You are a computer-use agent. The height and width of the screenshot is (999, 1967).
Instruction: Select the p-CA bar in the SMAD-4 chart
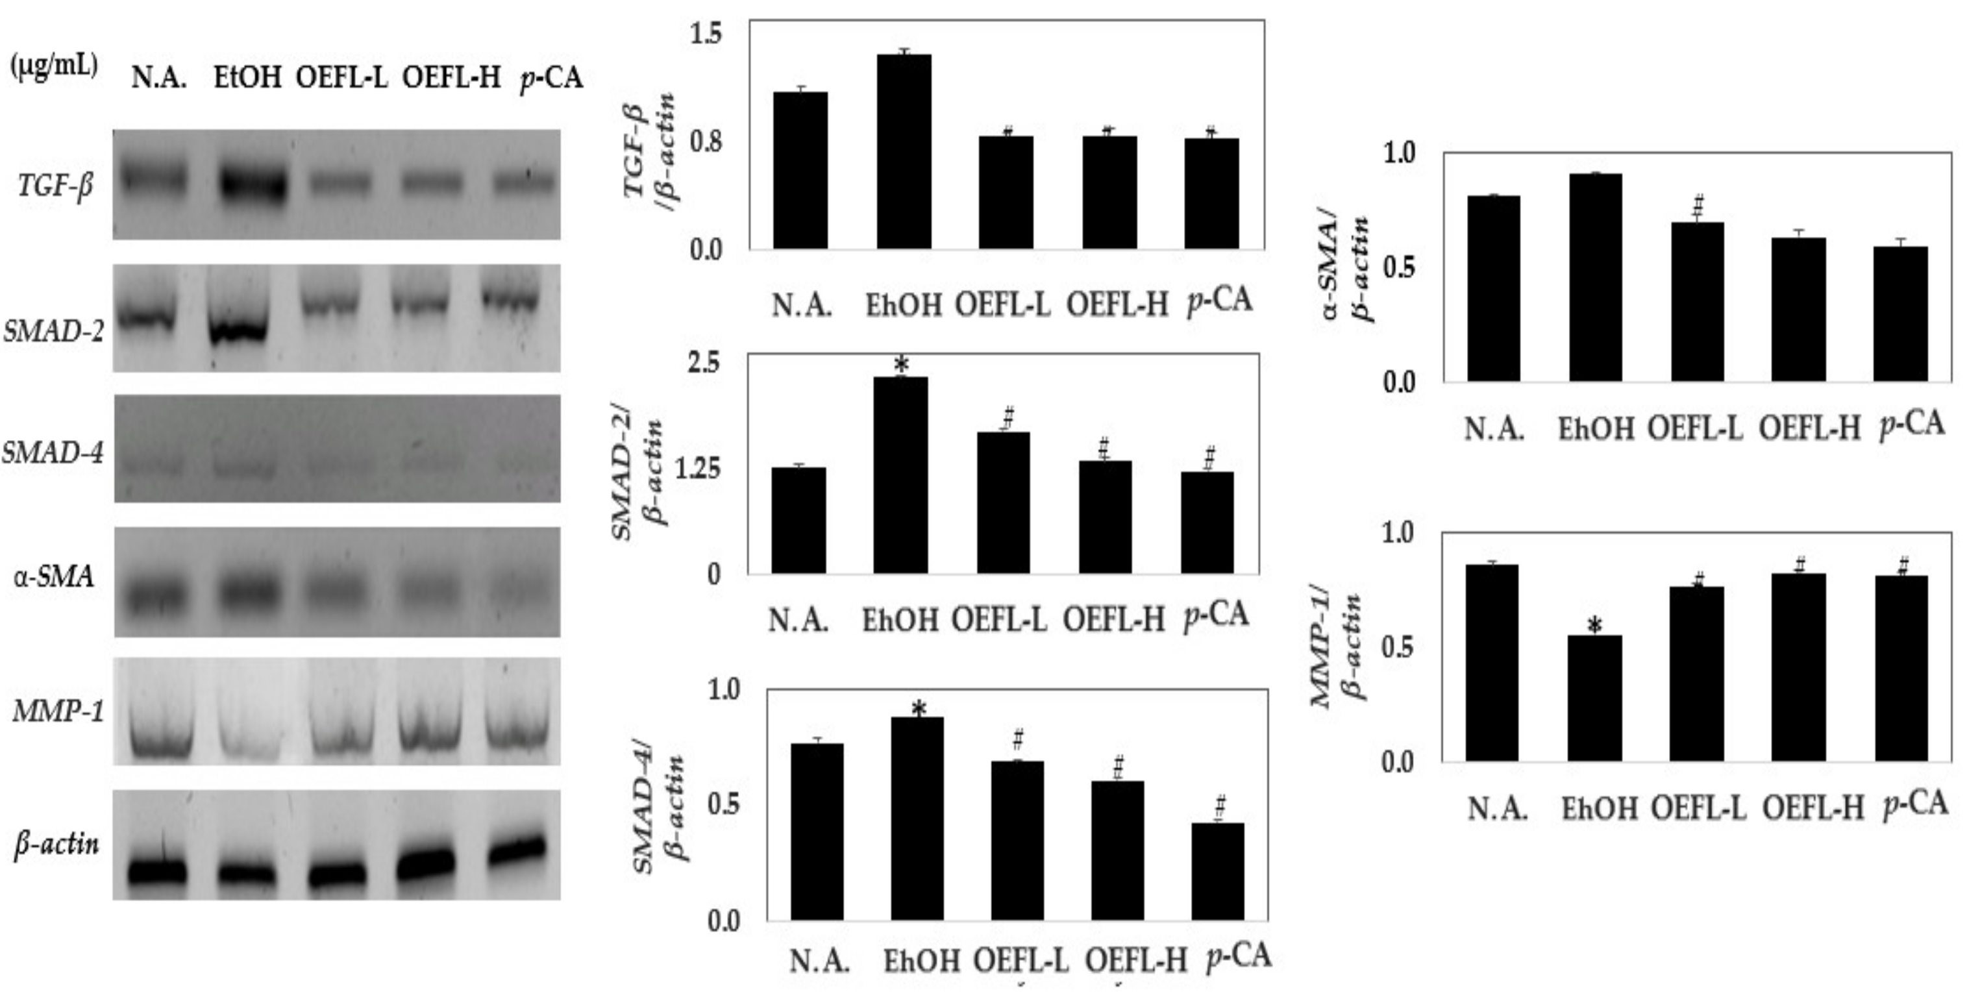1217,870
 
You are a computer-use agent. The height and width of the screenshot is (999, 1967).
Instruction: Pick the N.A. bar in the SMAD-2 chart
798,520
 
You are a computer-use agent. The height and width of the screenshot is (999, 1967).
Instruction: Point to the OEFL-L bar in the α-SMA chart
1697,302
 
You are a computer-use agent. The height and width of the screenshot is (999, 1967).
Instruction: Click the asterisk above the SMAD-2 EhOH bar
901,364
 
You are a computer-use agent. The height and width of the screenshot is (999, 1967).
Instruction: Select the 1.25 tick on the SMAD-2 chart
698,469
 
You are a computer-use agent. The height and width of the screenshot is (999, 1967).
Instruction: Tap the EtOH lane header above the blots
247,78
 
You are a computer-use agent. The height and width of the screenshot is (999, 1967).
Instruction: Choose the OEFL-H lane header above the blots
451,78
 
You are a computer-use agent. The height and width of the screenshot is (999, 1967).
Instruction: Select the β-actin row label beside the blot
56,845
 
